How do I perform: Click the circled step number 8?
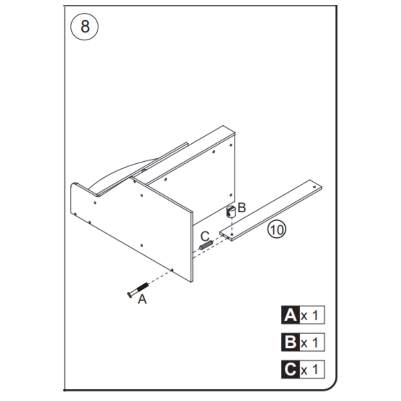pyautogui.click(x=85, y=27)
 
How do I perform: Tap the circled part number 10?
pyautogui.click(x=277, y=229)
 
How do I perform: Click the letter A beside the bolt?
pyautogui.click(x=143, y=300)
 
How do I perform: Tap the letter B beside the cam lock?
pyautogui.click(x=242, y=208)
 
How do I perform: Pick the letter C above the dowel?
pyautogui.click(x=205, y=236)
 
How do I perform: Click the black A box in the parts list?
pyautogui.click(x=290, y=315)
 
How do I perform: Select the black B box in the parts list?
pyautogui.click(x=290, y=342)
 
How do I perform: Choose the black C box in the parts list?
pyautogui.click(x=290, y=369)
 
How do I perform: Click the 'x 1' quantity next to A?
pyautogui.click(x=312, y=316)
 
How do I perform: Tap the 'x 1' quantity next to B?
pyautogui.click(x=312, y=343)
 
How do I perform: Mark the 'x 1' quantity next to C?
pyautogui.click(x=312, y=370)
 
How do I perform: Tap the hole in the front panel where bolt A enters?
pyautogui.click(x=172, y=269)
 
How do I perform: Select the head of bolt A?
pyautogui.click(x=130, y=294)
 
